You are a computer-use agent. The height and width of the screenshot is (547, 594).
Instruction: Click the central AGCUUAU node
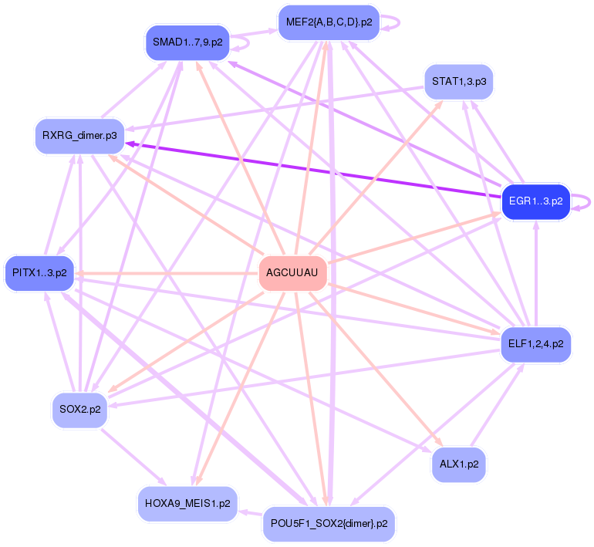292,273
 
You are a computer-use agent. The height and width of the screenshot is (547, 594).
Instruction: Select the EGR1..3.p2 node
535,202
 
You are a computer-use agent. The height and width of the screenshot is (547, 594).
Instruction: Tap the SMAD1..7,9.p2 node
187,43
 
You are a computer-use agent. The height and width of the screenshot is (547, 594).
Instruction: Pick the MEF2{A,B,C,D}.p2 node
329,22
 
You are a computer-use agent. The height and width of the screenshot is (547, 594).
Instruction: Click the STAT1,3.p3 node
458,82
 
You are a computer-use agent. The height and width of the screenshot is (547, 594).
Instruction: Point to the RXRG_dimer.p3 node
79,136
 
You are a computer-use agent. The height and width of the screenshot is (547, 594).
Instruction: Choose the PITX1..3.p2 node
39,273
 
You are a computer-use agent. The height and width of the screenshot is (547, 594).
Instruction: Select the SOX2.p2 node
80,410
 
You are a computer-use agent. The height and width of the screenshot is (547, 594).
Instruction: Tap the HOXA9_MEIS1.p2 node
187,504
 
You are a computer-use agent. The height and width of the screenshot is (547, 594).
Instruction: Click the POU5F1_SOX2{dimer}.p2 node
329,524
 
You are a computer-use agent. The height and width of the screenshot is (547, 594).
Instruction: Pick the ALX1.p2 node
459,464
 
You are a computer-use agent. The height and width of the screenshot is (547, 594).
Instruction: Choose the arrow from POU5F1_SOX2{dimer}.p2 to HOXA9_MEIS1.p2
250,512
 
